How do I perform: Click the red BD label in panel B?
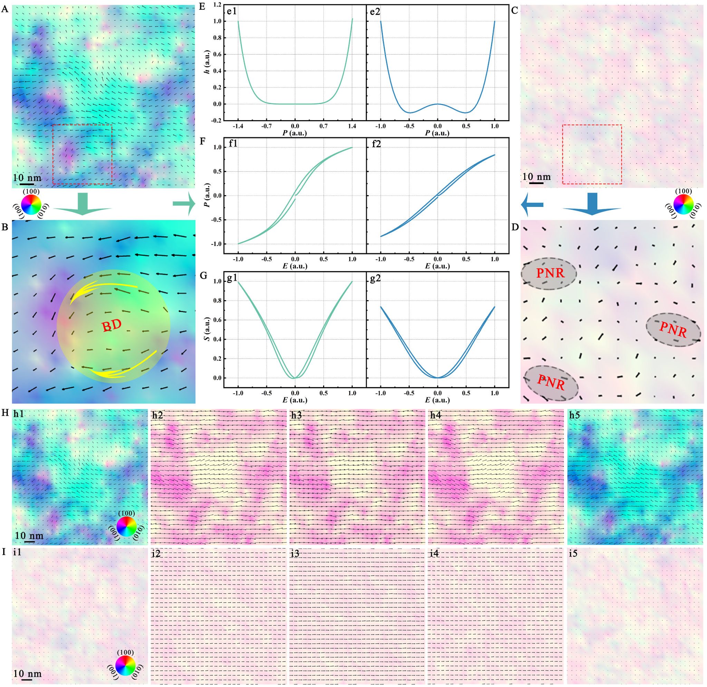[112, 325]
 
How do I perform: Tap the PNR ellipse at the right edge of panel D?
[673, 330]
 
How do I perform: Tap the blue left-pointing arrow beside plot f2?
[532, 204]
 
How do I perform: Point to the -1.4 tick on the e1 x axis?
[238, 126]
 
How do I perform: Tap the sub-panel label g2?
[375, 278]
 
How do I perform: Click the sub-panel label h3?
[297, 415]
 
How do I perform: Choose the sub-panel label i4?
[434, 553]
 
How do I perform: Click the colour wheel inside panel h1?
[127, 527]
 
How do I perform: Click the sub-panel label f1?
[233, 144]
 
